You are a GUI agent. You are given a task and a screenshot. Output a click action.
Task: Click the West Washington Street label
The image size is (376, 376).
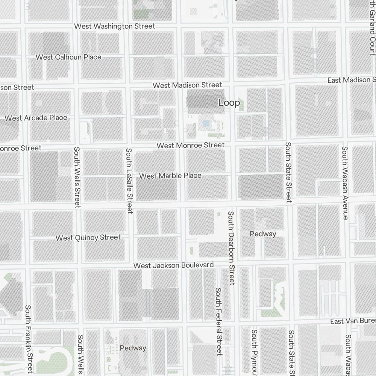click(x=115, y=26)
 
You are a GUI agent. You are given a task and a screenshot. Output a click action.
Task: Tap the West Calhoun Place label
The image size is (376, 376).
click(x=68, y=57)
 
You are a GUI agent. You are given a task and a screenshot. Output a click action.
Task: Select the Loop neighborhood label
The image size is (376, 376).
click(x=229, y=103)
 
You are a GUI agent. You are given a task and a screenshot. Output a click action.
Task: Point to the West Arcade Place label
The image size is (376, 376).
click(x=36, y=118)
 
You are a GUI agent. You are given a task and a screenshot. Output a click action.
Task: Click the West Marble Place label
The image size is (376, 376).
click(x=170, y=176)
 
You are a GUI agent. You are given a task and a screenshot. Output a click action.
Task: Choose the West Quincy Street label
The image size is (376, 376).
click(x=88, y=238)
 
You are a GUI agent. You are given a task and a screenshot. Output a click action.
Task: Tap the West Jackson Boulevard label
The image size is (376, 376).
click(x=174, y=265)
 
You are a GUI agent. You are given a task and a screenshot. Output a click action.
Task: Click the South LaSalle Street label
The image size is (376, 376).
click(x=129, y=181)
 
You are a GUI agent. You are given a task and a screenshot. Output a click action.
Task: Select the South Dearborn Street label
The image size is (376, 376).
click(x=231, y=248)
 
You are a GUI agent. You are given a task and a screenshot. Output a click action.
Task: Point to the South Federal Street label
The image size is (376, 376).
click(x=219, y=321)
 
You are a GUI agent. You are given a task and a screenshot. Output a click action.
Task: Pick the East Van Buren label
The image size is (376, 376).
click(x=353, y=321)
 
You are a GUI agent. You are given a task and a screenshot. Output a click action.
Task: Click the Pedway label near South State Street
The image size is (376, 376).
click(x=263, y=234)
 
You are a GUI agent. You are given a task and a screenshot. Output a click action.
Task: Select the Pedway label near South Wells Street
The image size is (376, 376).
click(x=133, y=348)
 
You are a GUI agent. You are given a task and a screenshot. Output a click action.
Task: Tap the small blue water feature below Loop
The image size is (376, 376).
click(x=206, y=123)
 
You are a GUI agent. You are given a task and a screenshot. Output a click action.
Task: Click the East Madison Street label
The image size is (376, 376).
click(x=351, y=80)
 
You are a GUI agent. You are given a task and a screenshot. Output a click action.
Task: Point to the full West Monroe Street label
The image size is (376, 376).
click(x=191, y=145)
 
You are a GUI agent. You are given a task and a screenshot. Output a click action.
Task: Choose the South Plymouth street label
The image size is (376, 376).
click(x=255, y=352)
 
